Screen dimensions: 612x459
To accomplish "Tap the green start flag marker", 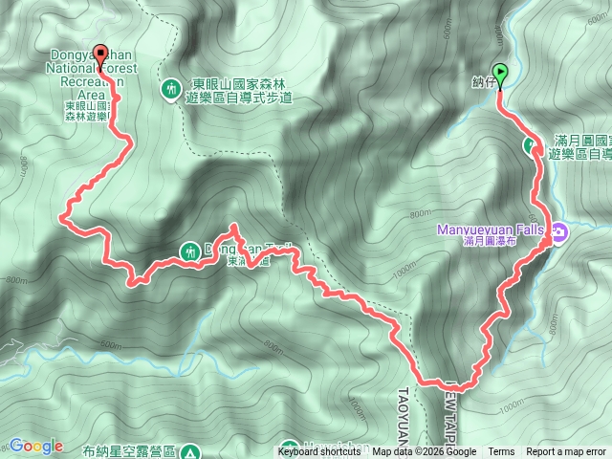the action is point(499,70).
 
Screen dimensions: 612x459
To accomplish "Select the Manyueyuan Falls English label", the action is point(489,229).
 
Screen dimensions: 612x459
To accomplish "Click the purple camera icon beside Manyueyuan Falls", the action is point(557,230).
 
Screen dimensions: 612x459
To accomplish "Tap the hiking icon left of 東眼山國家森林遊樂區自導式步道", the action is point(171,89).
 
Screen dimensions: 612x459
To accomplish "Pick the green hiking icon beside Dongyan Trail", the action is point(187,252).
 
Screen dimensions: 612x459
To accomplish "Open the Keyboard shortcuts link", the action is point(319,452).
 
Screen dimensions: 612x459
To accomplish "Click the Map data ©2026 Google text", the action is point(425,452).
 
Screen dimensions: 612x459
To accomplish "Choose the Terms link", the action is point(501,452).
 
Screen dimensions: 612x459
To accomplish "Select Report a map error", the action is point(566,452).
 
